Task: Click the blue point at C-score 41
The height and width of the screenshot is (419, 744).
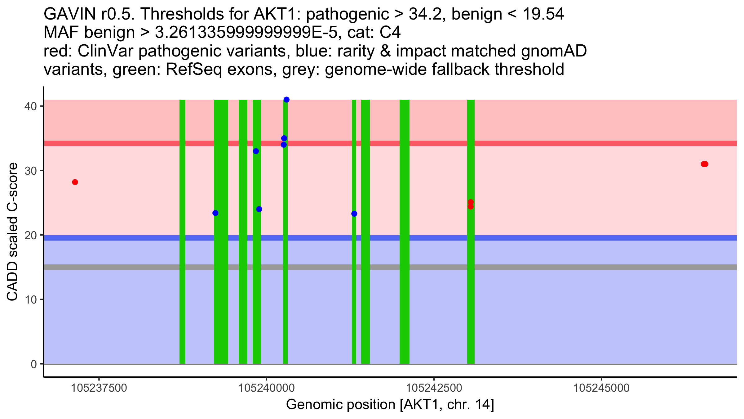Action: click(x=286, y=100)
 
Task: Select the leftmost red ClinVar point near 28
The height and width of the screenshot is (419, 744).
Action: click(x=75, y=182)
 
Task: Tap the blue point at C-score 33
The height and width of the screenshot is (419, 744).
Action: click(x=256, y=151)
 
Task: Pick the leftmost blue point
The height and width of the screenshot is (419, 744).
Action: click(x=215, y=213)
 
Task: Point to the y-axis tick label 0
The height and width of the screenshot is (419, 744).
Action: click(x=33, y=364)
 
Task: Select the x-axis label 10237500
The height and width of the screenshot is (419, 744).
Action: click(x=99, y=388)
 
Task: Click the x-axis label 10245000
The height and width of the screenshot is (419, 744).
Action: click(x=602, y=388)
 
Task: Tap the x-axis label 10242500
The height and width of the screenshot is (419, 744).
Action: click(x=434, y=388)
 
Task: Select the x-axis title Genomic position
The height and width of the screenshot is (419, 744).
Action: click(x=390, y=405)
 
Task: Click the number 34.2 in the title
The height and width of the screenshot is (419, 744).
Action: click(x=427, y=14)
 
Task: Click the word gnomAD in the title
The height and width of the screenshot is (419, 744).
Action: click(x=554, y=51)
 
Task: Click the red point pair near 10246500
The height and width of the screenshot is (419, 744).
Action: click(x=705, y=164)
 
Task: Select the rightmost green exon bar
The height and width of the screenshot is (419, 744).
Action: click(x=471, y=279)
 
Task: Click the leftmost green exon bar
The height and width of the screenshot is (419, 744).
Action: click(x=182, y=279)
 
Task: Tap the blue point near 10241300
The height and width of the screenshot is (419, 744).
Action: click(x=354, y=214)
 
